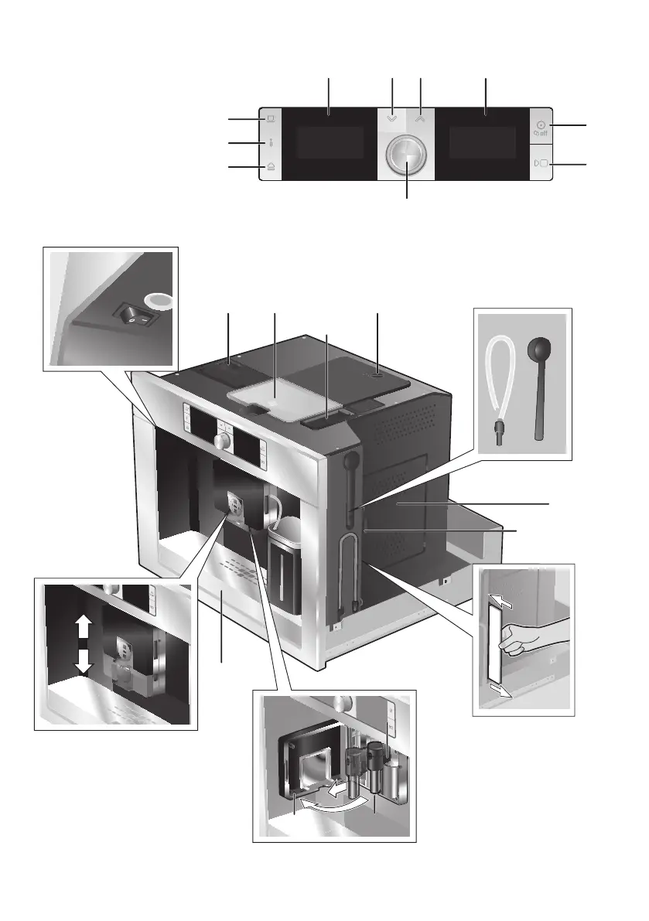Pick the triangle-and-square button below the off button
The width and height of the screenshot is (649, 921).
click(x=541, y=164)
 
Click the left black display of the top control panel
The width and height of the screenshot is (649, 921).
click(x=330, y=144)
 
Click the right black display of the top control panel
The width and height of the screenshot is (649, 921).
click(x=483, y=144)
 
